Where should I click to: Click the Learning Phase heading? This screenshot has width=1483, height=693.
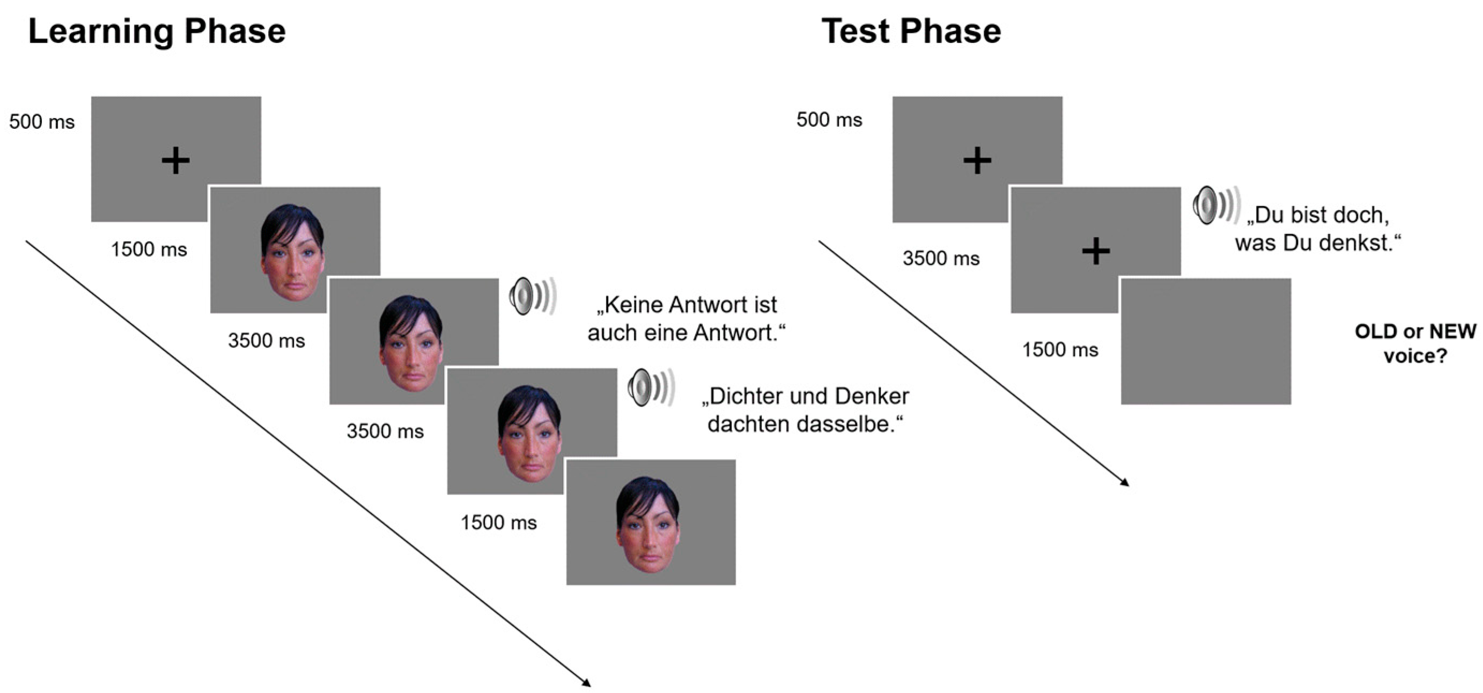coord(157,31)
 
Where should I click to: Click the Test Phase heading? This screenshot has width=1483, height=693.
coord(911,31)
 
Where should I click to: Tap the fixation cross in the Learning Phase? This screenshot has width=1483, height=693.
coord(175,160)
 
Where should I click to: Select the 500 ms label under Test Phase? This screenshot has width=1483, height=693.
coord(829,120)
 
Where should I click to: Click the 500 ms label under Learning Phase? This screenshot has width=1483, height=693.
coord(42,122)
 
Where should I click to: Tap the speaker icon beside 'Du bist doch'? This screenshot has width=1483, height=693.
coord(1215,205)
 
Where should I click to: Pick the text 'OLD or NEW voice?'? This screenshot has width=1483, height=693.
coord(1415,344)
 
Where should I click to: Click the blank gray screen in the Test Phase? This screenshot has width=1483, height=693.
coord(1206,341)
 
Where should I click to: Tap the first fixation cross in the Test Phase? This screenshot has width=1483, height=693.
coord(977,160)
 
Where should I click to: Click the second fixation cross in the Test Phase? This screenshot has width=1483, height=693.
coord(1096,252)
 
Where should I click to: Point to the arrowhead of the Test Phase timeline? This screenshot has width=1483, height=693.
coord(1125,483)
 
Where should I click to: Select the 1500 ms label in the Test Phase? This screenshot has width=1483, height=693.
coord(1060,350)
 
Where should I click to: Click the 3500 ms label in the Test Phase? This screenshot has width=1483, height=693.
coord(941,259)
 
